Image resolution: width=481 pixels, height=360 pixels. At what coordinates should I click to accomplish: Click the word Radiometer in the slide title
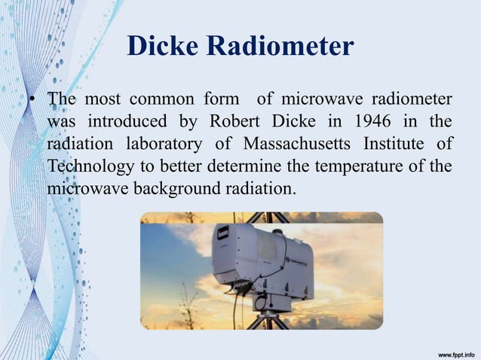coord(278,47)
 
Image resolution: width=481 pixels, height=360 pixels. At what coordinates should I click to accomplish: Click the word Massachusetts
coord(285,143)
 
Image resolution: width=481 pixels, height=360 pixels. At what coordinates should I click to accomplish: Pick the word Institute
coord(395,143)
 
